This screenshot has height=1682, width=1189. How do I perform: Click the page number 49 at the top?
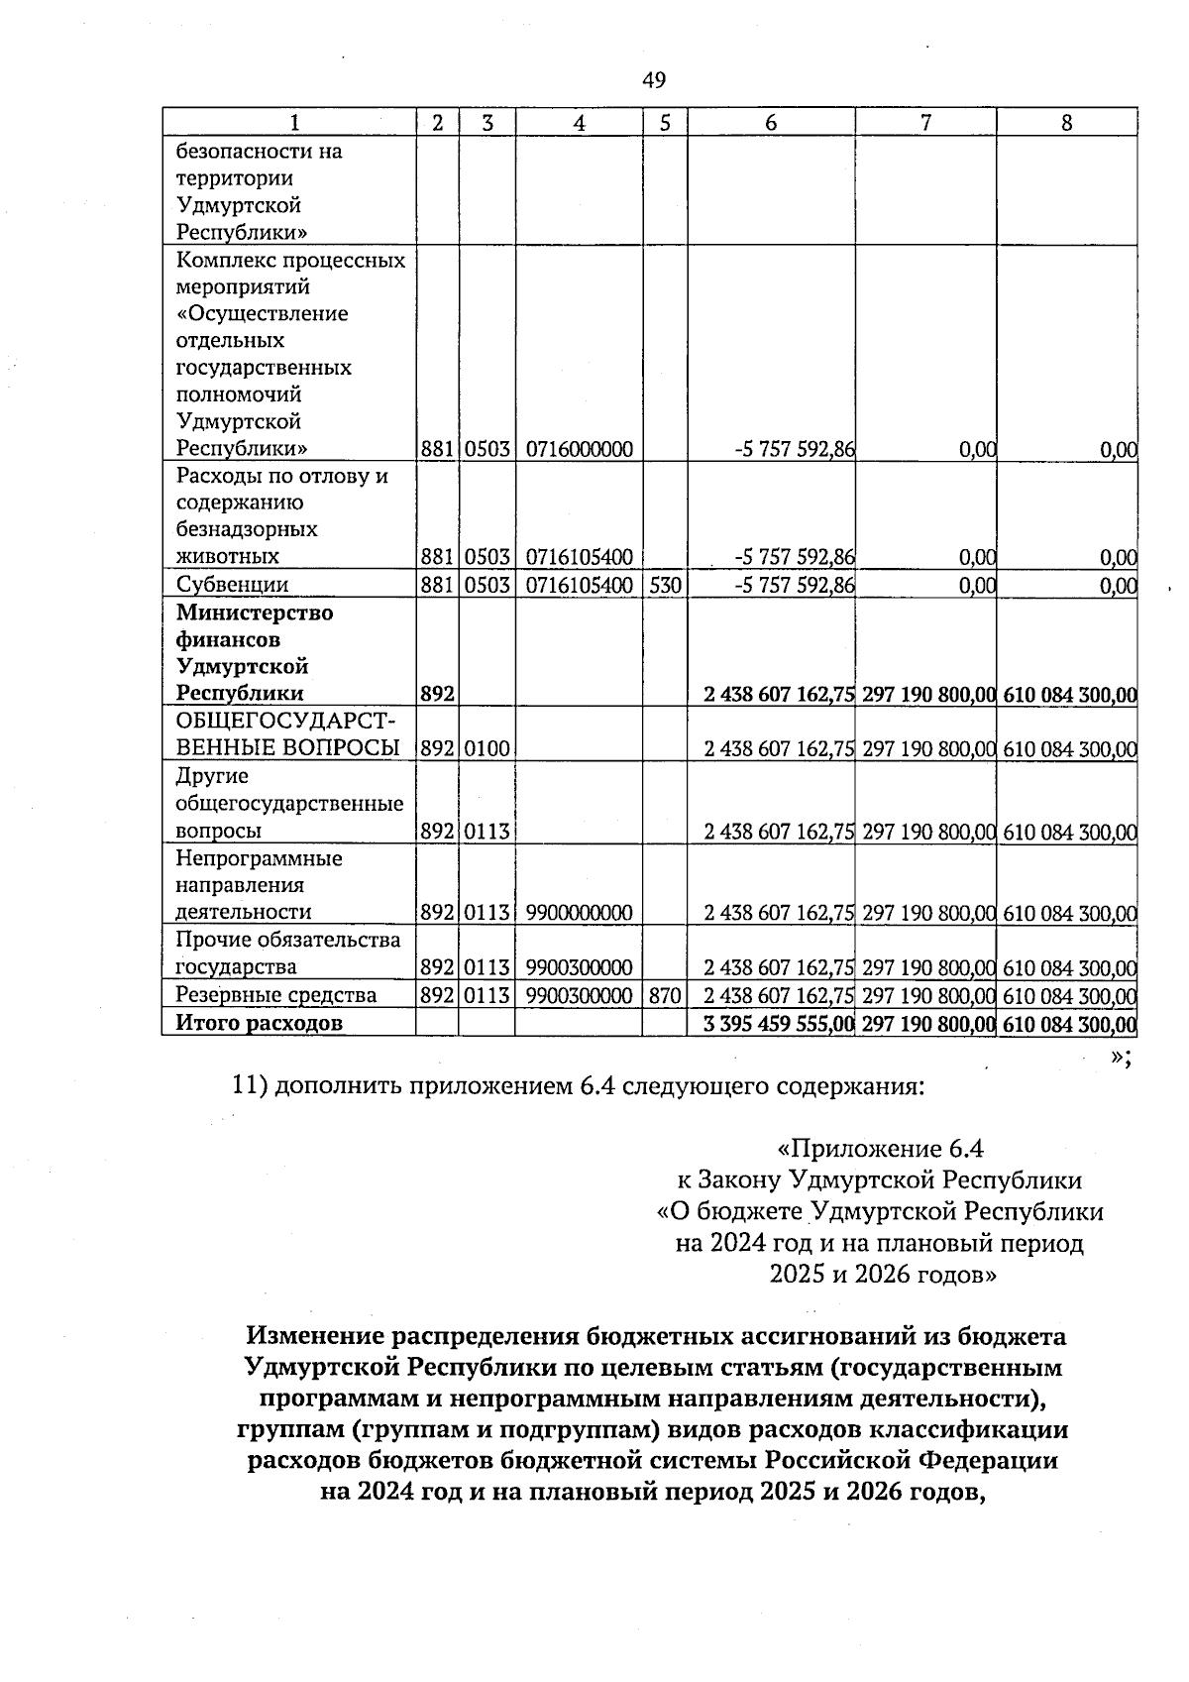[x=654, y=80]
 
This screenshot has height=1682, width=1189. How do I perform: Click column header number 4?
[x=579, y=123]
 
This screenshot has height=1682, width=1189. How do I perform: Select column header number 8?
[x=1066, y=123]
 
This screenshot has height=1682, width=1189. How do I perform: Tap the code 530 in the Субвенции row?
[x=665, y=585]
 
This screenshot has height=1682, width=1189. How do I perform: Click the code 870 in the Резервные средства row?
[x=665, y=994]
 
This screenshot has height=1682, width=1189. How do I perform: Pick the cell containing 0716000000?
[x=579, y=449]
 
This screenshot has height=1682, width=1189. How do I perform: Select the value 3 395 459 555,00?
[x=778, y=1023]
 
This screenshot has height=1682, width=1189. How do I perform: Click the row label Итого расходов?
[x=259, y=1023]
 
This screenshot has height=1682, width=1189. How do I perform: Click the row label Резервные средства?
[x=275, y=994]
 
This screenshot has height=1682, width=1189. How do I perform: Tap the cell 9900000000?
[x=579, y=912]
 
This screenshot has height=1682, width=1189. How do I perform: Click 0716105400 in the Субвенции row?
[x=579, y=585]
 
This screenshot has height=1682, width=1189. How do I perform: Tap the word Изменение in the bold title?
[x=314, y=1336]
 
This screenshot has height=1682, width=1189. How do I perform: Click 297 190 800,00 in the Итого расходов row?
[x=927, y=1023]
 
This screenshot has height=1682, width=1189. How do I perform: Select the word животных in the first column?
[x=227, y=556]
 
